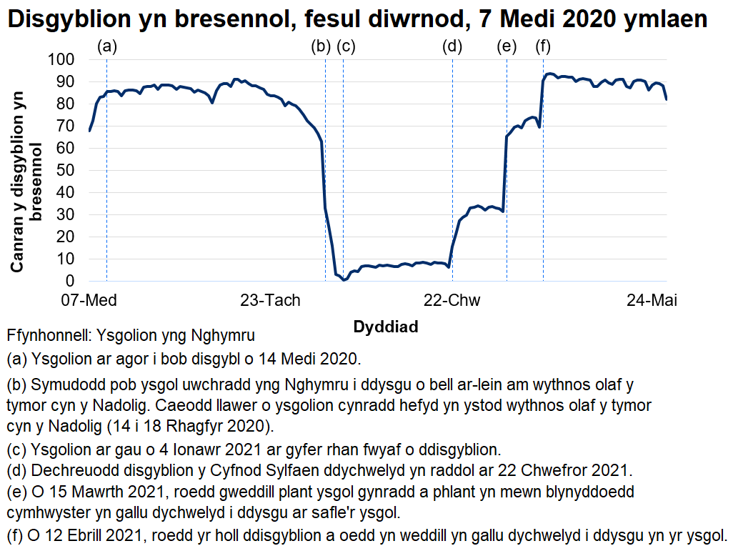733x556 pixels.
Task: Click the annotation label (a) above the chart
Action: click(106, 47)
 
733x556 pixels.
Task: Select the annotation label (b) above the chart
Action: click(321, 47)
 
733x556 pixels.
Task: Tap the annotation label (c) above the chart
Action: click(346, 47)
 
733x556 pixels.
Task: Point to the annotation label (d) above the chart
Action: click(452, 47)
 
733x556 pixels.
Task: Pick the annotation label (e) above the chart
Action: click(507, 47)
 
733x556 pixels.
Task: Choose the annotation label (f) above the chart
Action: click(544, 47)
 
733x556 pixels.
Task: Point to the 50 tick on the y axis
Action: click(65, 170)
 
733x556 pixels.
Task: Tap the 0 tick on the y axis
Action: click(70, 282)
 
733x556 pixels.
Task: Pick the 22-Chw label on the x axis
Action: click(452, 301)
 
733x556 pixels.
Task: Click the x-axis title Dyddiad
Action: click(386, 327)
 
